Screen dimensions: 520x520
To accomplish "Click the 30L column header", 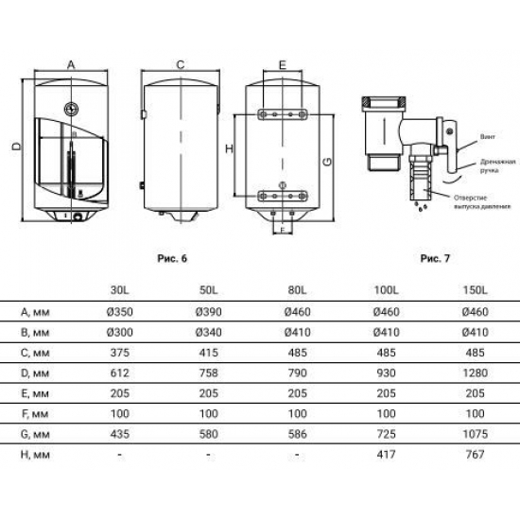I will pos(119,289).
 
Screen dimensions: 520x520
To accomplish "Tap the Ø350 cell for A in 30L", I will pos(119,312).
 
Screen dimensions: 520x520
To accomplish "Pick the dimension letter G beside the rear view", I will pos(326,162).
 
